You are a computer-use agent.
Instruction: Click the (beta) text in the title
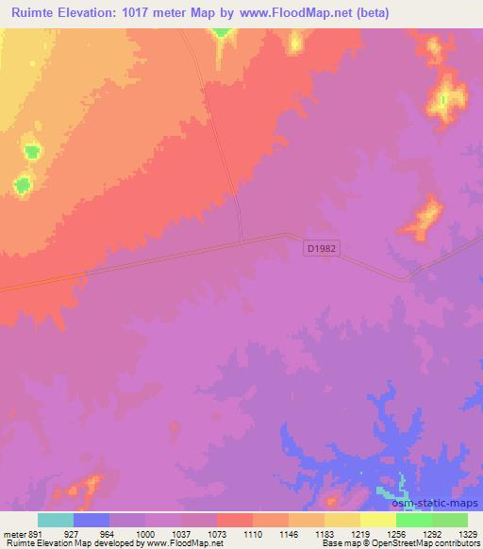tap(370, 13)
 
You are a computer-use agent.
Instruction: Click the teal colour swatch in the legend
tap(56, 520)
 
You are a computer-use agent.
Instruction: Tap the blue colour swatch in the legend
tap(92, 520)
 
